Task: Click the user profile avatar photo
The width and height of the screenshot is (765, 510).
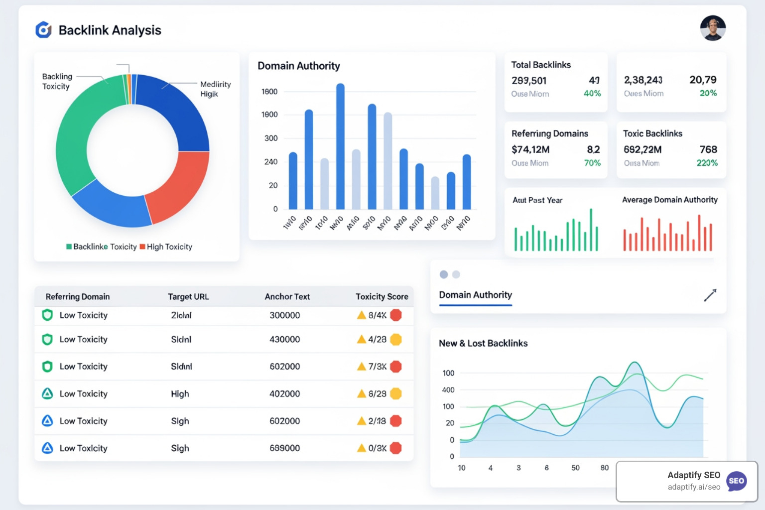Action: [713, 28]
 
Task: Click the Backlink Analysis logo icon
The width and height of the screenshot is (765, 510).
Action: [43, 30]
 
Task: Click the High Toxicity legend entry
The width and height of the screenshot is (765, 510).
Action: [166, 247]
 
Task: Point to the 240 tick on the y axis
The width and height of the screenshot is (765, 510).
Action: [271, 162]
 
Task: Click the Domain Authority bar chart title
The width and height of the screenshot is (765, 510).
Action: [299, 66]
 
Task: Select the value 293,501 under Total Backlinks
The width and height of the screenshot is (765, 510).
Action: [529, 81]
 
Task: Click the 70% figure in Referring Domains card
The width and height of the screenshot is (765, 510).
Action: [592, 163]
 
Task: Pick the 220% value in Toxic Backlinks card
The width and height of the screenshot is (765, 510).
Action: [707, 163]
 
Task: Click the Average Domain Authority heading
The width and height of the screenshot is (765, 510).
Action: [669, 200]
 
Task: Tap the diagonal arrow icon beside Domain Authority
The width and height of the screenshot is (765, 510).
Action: [710, 295]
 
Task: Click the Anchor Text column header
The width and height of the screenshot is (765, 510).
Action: [287, 296]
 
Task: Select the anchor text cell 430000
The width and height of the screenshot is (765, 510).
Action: [284, 339]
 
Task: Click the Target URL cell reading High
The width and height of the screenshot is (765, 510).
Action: [180, 394]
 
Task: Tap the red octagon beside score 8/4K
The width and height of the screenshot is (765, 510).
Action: [396, 315]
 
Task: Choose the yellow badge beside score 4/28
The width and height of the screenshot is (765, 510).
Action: [396, 340]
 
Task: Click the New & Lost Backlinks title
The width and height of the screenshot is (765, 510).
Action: [483, 343]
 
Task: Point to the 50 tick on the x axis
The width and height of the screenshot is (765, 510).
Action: [575, 468]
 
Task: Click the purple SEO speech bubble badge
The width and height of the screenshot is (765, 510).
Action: [736, 481]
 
